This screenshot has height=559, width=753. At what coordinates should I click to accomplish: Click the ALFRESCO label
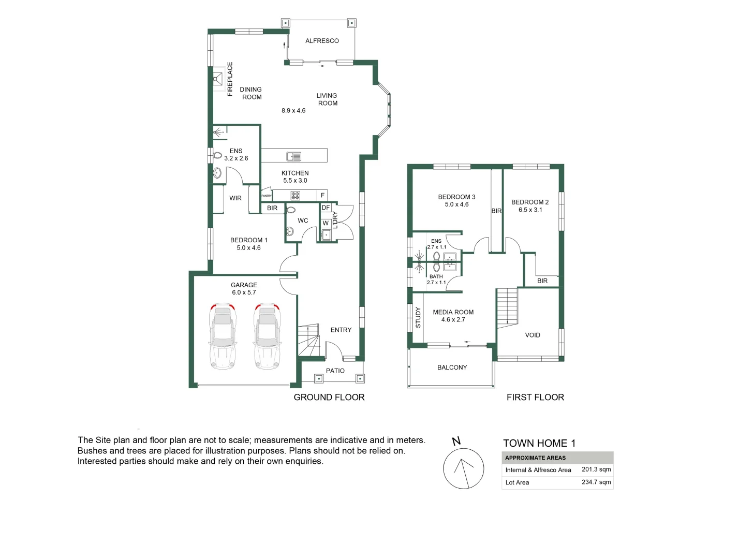click(x=322, y=41)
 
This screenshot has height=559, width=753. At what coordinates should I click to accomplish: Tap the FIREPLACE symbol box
click(x=217, y=79)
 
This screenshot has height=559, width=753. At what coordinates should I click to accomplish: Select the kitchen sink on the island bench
click(x=294, y=156)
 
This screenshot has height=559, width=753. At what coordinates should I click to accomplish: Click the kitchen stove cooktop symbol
click(x=295, y=196)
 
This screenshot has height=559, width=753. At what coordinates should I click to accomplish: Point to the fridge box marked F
click(x=322, y=196)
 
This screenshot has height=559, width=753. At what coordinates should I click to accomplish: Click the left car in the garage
click(x=223, y=336)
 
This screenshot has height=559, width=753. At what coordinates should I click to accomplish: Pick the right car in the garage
click(x=267, y=336)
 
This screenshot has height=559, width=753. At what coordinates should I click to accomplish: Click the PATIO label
click(x=335, y=371)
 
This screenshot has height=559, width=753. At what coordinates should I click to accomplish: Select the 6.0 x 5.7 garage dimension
click(x=244, y=292)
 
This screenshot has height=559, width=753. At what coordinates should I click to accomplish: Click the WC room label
click(x=303, y=221)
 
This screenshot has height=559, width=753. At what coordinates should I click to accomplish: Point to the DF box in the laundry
click(x=326, y=208)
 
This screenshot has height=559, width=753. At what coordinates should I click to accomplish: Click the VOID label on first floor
click(x=533, y=335)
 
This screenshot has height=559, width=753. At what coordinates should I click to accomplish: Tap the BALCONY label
click(x=452, y=367)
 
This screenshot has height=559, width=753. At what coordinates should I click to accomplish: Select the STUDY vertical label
click(x=418, y=317)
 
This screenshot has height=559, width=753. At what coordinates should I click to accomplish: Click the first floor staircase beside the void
click(x=507, y=307)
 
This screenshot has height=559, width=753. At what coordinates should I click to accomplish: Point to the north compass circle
click(x=463, y=468)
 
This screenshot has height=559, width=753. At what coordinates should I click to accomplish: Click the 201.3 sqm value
click(x=596, y=469)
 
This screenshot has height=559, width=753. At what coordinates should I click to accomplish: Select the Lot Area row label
click(x=517, y=483)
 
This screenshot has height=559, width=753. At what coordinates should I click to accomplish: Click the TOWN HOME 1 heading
click(x=539, y=444)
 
